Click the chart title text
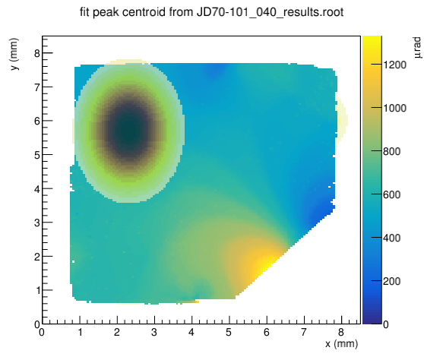[211, 12]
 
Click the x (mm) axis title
[341, 344]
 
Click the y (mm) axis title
[14, 54]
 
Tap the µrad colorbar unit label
[417, 48]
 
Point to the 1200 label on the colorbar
[394, 65]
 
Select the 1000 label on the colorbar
[394, 108]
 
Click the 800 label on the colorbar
[391, 151]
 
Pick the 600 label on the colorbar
[391, 194]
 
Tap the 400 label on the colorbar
[391, 238]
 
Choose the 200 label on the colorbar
[391, 281]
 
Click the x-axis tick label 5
[229, 332]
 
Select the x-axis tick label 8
[341, 332]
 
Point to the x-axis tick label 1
[80, 332]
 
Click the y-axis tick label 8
[37, 53]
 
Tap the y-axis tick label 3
[37, 223]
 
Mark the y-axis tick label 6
[37, 121]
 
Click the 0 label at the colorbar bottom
[386, 324]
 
